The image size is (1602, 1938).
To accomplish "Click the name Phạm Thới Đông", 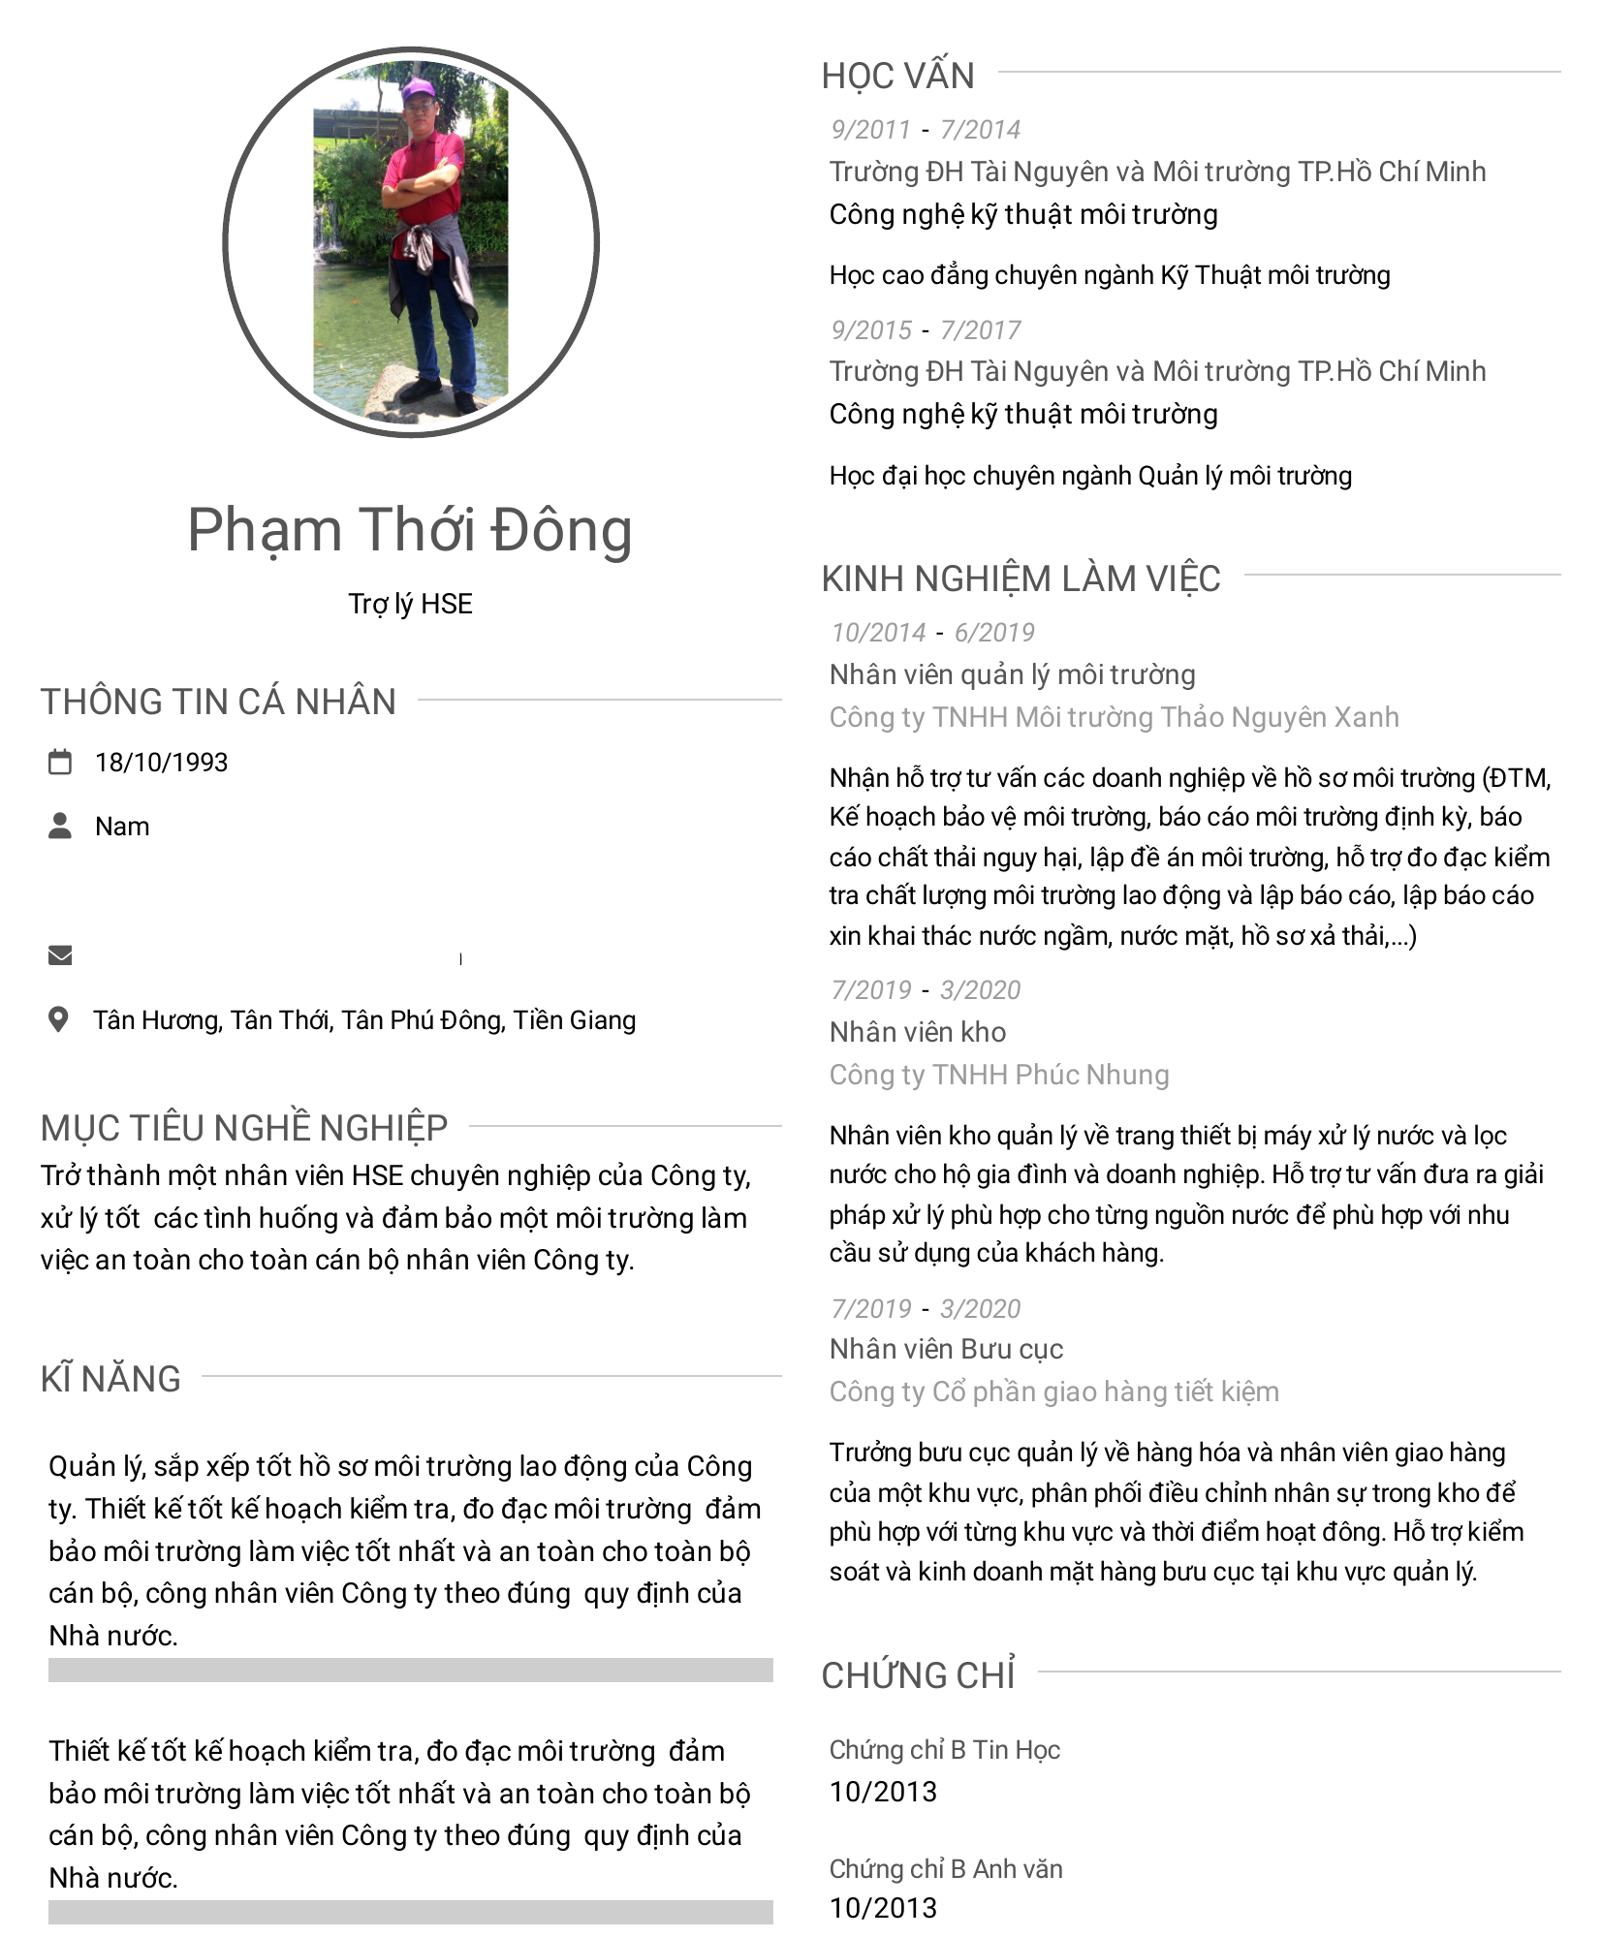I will (409, 530).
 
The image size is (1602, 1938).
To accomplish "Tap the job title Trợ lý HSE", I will (410, 604).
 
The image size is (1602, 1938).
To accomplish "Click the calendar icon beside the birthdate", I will (60, 763).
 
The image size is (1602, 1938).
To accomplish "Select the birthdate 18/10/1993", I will (161, 763).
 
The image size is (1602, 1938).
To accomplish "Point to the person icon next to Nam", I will (60, 826).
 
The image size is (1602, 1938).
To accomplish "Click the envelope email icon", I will (60, 955).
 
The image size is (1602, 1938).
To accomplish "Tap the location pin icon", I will (59, 1019).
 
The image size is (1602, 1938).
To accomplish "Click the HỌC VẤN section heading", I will (897, 76).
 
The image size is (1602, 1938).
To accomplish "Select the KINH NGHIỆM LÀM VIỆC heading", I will (1021, 578).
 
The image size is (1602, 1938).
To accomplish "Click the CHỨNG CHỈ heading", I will (918, 1675).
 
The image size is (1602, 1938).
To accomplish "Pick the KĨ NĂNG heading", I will (110, 1379).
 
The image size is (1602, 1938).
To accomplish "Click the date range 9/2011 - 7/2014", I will (926, 130).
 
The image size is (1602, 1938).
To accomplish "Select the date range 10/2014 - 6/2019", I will (932, 633).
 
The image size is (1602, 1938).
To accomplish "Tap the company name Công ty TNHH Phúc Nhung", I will (999, 1075).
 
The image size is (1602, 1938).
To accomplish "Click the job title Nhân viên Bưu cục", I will (946, 1349).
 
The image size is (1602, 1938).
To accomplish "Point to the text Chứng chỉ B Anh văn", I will (946, 1868).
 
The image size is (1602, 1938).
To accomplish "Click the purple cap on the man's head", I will (419, 90).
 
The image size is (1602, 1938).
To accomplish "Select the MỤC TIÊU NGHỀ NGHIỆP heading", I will (244, 1128).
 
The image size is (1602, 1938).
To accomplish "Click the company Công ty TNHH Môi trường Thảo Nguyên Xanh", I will (1114, 717).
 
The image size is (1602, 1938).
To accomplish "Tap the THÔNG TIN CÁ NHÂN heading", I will (218, 702).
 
